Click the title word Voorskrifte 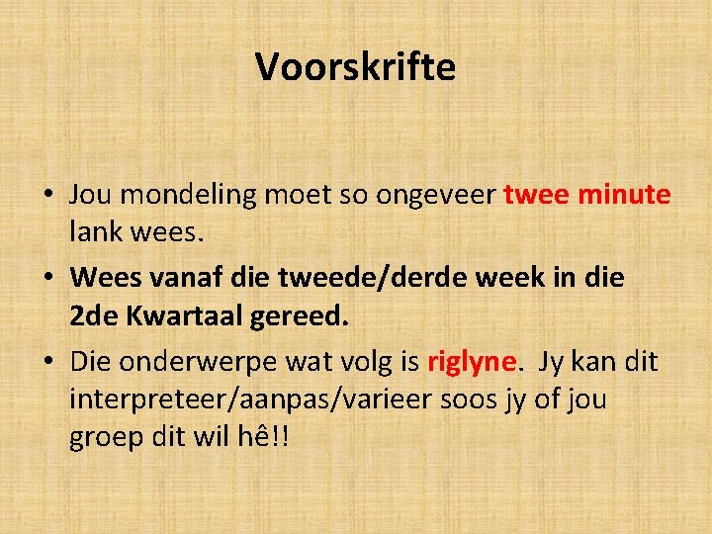(355, 67)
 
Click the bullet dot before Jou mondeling (47, 196)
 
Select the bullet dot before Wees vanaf (47, 279)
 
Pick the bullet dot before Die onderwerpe (47, 362)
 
